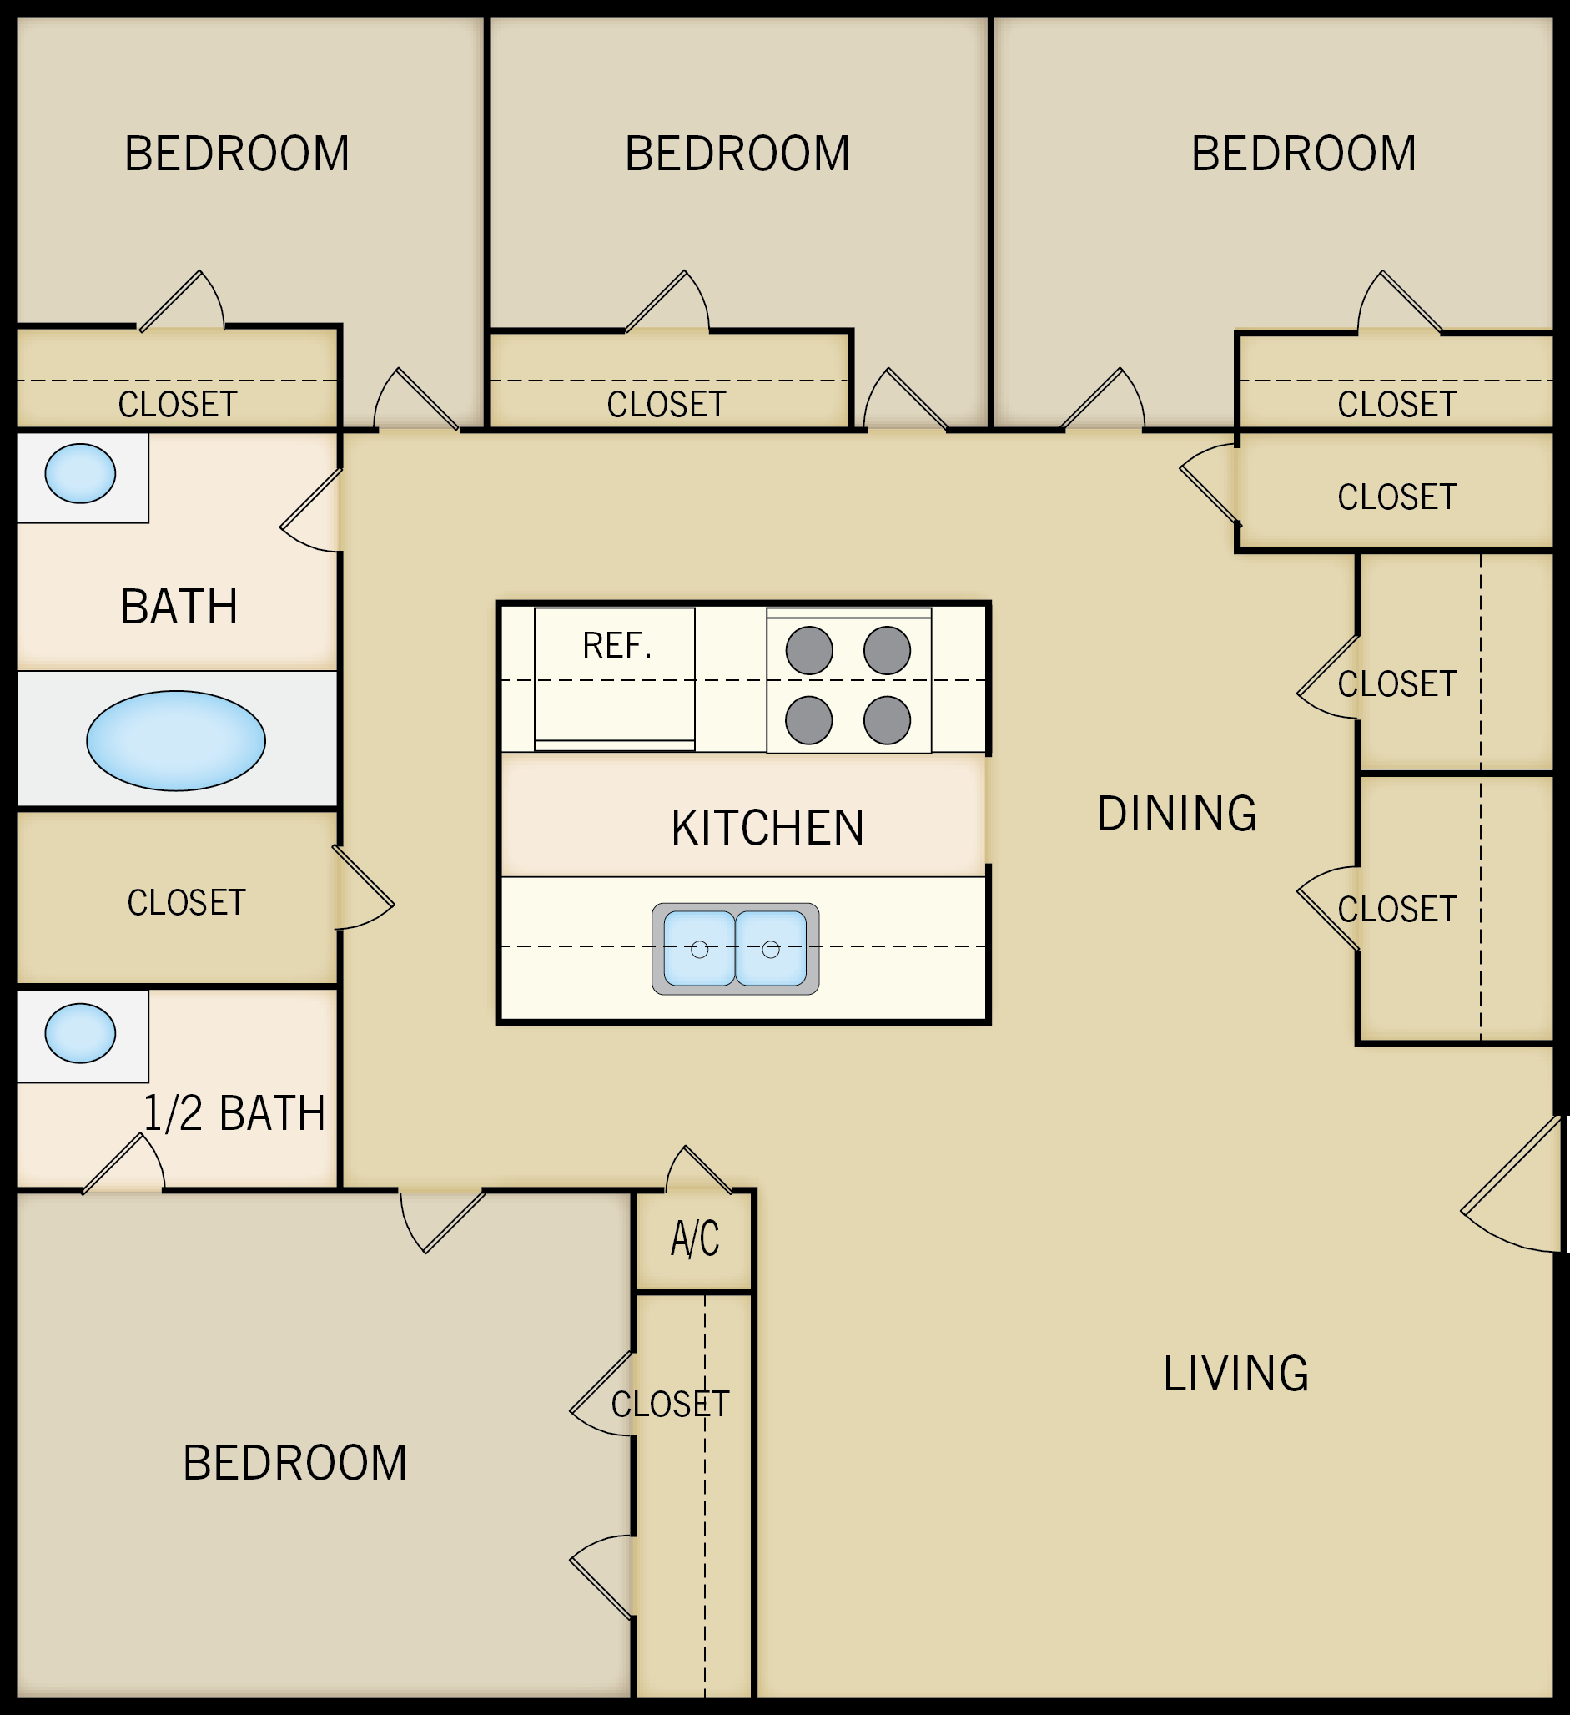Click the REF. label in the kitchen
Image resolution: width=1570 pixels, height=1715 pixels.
[616, 646]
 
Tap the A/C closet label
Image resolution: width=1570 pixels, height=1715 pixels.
[695, 1239]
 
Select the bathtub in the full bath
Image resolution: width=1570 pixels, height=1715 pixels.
[176, 741]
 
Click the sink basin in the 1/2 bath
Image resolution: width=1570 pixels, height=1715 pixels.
[80, 1032]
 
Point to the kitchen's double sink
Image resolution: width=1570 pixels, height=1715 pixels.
[736, 949]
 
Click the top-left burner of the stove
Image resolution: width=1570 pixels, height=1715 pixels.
[809, 651]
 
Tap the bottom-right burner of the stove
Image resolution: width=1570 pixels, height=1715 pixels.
[887, 719]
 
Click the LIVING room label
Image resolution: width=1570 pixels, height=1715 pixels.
[1235, 1374]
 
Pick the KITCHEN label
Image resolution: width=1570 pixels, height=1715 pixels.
[767, 828]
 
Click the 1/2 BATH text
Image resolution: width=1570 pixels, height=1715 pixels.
[234, 1113]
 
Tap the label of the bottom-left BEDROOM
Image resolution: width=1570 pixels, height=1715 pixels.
[295, 1463]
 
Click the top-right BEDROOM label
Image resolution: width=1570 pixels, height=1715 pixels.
[1303, 154]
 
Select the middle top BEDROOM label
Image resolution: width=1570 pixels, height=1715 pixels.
[737, 154]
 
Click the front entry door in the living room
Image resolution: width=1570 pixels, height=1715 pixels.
[1514, 1187]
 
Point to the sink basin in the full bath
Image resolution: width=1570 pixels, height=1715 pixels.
[80, 473]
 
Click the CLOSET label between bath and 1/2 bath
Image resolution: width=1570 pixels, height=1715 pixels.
[186, 903]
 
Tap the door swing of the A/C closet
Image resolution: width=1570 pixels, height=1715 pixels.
[697, 1170]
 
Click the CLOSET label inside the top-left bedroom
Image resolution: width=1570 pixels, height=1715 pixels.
[177, 404]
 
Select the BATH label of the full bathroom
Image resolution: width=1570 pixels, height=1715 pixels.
[179, 608]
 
